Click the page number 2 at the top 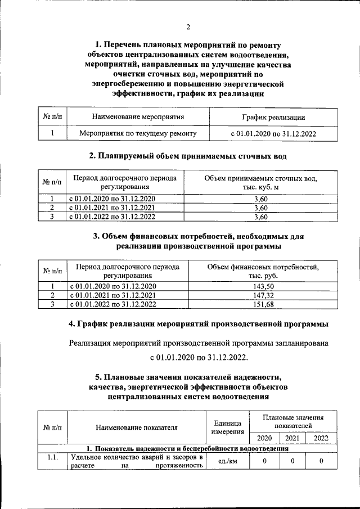(188, 26)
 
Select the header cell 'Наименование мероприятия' (138, 118)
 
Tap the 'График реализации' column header (273, 118)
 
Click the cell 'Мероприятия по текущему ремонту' (138, 133)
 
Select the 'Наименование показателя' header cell (137, 427)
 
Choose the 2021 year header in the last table (292, 438)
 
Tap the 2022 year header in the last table (321, 438)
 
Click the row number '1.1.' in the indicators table (52, 457)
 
